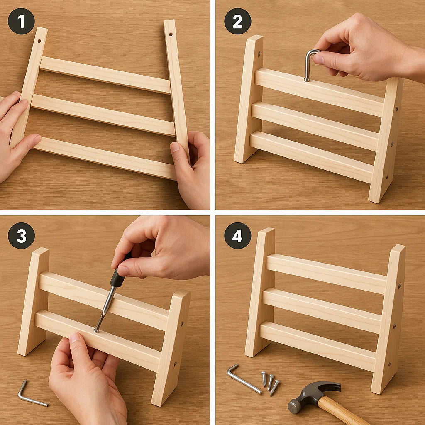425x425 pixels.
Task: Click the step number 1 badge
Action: pyautogui.click(x=21, y=21)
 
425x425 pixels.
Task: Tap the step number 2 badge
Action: pyautogui.click(x=237, y=21)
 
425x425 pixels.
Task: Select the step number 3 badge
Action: pyautogui.click(x=21, y=236)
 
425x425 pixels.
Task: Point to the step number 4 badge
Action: pyautogui.click(x=237, y=236)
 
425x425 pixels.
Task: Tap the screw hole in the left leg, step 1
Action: pyautogui.click(x=39, y=41)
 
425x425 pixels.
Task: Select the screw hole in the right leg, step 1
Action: pyautogui.click(x=171, y=34)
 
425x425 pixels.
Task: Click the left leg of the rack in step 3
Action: pyautogui.click(x=33, y=301)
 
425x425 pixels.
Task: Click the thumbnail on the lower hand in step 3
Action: pyautogui.click(x=75, y=337)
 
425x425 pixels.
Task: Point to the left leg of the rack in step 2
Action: pyautogui.click(x=249, y=99)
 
